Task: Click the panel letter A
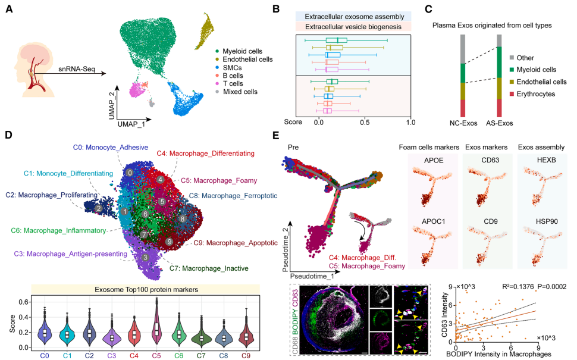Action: coord(9,9)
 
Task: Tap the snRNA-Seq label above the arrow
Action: coord(77,69)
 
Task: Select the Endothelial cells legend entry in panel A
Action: coord(244,60)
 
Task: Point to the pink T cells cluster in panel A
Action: coord(137,90)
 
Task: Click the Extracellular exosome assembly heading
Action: coord(354,17)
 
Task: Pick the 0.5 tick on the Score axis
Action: coord(365,122)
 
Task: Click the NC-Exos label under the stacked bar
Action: coord(463,123)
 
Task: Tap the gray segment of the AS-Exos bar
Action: coord(499,40)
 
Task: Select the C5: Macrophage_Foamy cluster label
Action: coord(219,180)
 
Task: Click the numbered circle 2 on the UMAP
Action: coord(98,208)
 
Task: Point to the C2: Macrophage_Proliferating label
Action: coord(52,195)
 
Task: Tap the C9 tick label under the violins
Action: coord(246,356)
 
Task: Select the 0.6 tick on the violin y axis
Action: coord(24,302)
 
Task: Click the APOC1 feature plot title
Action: coord(434,221)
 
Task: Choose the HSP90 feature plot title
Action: coord(547,221)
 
